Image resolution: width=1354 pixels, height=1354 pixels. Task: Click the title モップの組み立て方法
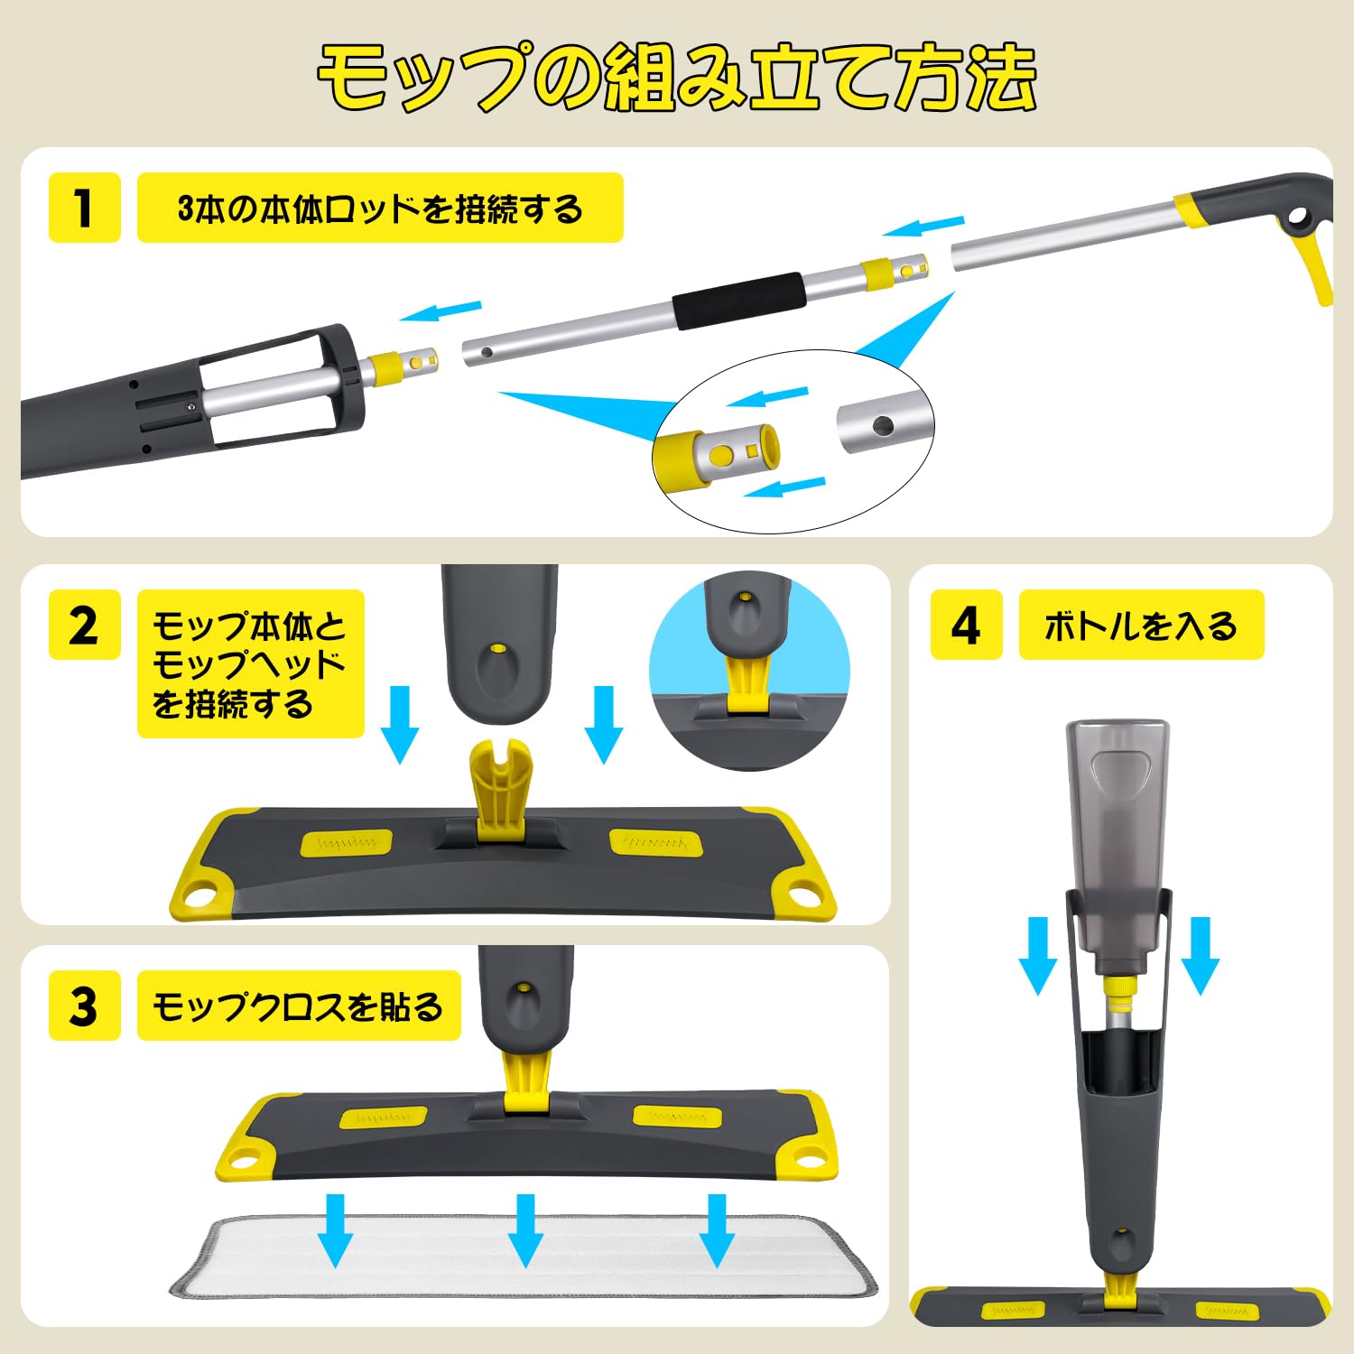click(x=676, y=79)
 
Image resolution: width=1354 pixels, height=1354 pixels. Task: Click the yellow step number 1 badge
click(x=84, y=208)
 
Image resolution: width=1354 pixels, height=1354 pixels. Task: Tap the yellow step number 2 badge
click(x=84, y=625)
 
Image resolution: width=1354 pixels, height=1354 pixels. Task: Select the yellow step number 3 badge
click(x=84, y=1006)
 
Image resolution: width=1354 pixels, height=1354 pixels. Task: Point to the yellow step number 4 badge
click(x=966, y=625)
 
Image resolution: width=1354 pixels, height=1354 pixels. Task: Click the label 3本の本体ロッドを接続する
click(x=380, y=208)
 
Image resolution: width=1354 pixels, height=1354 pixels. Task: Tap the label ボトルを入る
click(x=1141, y=625)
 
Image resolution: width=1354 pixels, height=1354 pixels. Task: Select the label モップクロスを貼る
click(x=299, y=1006)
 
